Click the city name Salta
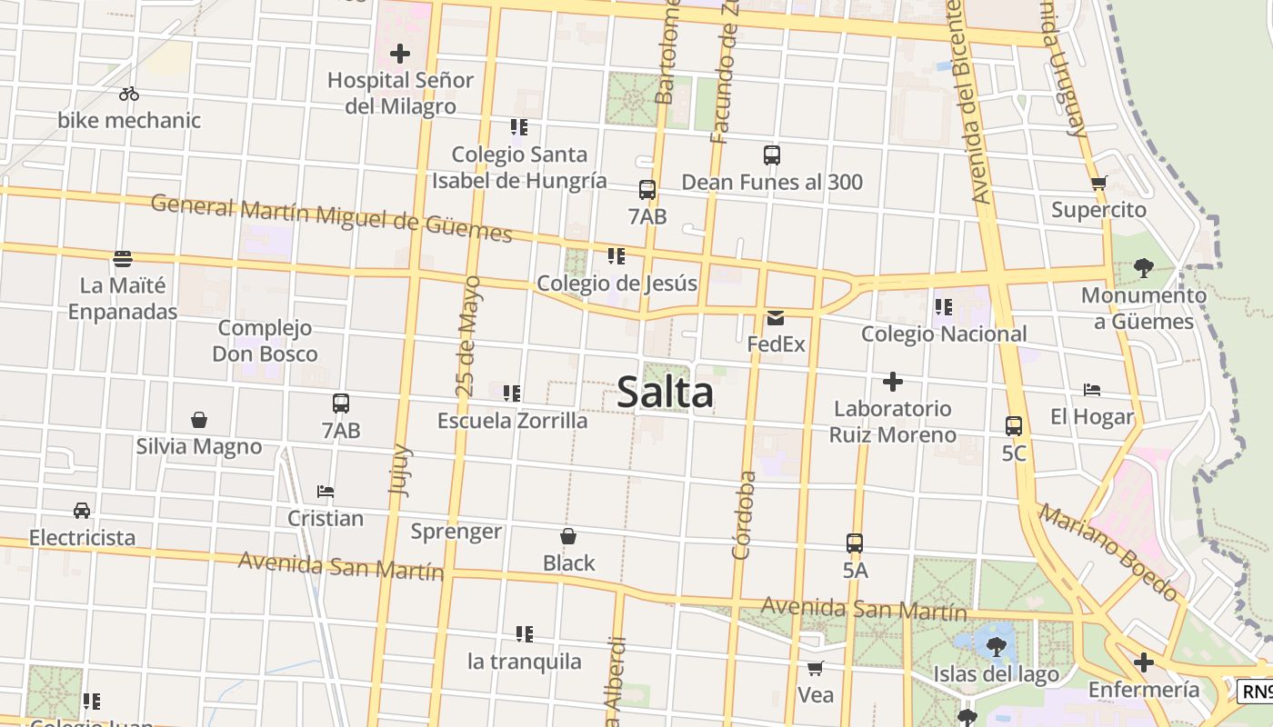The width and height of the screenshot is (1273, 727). [x=665, y=393]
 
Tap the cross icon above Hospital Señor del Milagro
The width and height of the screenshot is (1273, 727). [x=399, y=54]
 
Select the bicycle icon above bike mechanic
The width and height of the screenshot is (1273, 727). [x=129, y=94]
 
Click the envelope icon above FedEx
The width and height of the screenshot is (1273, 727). [x=776, y=317]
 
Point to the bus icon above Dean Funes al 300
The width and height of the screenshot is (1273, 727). [x=772, y=155]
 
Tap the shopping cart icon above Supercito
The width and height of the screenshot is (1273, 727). [x=1098, y=183]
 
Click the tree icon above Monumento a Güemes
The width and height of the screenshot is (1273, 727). [x=1143, y=268]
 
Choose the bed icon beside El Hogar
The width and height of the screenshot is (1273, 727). [x=1092, y=390]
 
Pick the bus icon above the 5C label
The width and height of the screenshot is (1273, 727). [x=1014, y=425]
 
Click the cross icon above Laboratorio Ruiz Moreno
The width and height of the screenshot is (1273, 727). [x=893, y=382]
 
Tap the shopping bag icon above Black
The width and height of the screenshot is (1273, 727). [x=568, y=536]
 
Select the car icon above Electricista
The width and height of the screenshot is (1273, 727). [x=82, y=510]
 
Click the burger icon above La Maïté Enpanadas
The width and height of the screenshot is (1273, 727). [x=123, y=259]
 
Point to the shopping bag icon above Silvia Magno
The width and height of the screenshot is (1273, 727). [x=199, y=420]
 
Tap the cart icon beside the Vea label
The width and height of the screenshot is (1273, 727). [x=816, y=668]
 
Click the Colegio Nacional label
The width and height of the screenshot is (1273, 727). [x=944, y=334]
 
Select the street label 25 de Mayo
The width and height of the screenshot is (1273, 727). [x=468, y=336]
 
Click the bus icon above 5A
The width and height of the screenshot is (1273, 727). [x=855, y=543]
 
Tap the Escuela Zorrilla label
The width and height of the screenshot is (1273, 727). [x=512, y=421]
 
